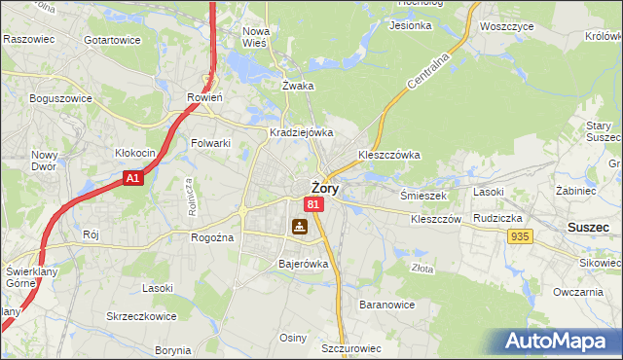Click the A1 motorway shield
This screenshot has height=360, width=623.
[x=133, y=179]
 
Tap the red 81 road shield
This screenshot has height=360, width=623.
[x=312, y=204]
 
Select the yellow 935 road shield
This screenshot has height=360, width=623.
[x=520, y=236]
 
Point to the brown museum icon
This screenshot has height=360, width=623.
[x=299, y=227]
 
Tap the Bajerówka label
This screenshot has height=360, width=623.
[x=304, y=264]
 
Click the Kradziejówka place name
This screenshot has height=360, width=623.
[x=302, y=132]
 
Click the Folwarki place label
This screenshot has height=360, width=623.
[x=210, y=143]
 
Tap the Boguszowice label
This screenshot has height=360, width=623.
[x=60, y=98]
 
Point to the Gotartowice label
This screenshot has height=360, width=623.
[x=112, y=40]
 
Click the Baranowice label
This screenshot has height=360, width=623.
[x=387, y=305]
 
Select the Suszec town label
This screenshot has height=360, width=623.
[x=588, y=227]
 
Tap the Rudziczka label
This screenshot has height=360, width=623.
[x=497, y=218]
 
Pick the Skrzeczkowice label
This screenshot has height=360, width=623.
[x=142, y=317]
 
